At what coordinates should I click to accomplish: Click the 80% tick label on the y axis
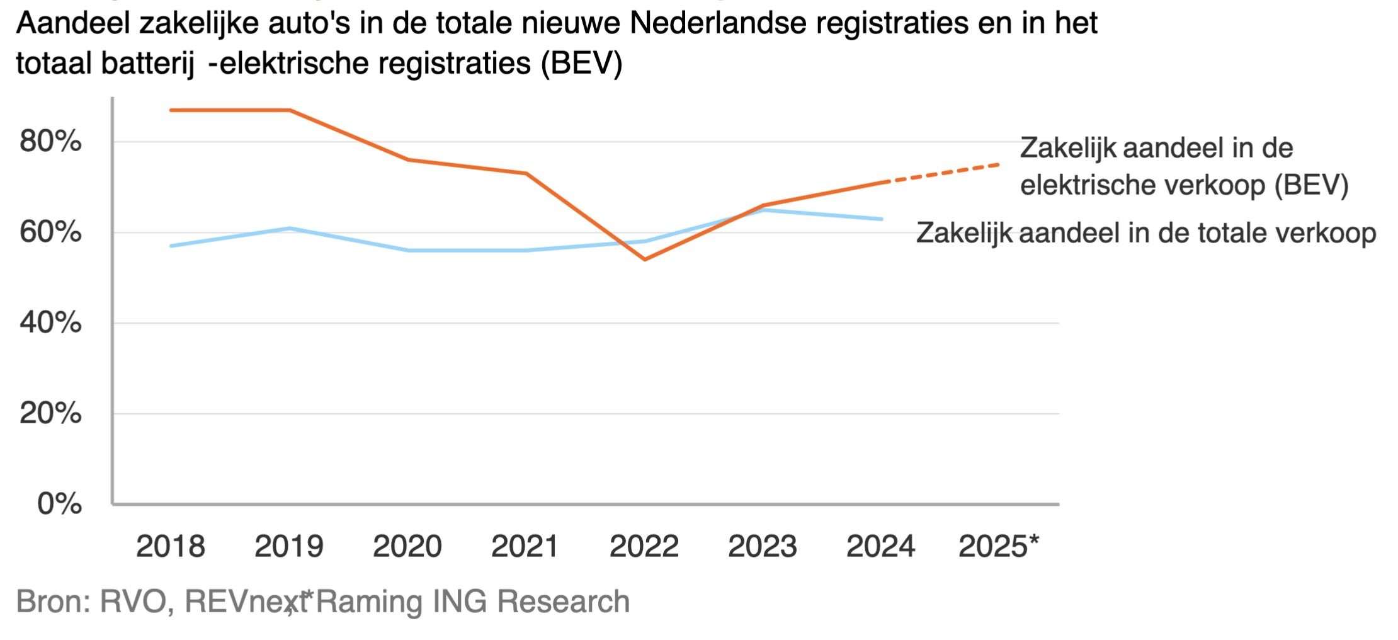50,142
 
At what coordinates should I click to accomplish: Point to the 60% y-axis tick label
50,232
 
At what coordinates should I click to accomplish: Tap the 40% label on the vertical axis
50,323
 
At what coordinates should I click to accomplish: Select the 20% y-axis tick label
50,414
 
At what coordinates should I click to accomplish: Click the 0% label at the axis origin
59,504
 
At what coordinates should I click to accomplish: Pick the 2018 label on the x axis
171,546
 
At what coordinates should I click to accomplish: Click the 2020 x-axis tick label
407,546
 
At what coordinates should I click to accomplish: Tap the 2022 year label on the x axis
644,546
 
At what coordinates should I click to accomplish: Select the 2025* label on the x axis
999,546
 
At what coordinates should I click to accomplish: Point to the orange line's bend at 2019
290,110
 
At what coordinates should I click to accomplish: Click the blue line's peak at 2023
763,210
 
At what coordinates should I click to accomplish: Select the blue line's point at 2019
290,228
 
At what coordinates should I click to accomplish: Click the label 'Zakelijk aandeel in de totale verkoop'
1146,233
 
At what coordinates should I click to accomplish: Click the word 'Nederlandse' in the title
718,24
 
